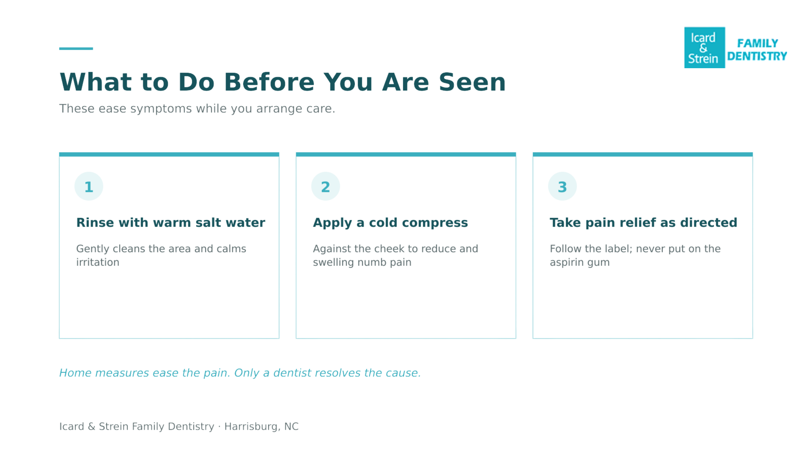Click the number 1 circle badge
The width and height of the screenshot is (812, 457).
tap(89, 186)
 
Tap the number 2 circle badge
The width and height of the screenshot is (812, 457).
tap(326, 186)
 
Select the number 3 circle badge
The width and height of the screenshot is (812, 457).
tap(562, 186)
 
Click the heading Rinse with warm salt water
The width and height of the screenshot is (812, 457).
tap(171, 223)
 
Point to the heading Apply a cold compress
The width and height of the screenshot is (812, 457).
tap(390, 223)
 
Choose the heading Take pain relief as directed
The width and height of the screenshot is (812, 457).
tap(643, 223)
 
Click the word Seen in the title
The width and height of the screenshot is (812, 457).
tap(472, 82)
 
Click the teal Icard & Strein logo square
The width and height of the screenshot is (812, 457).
tap(704, 48)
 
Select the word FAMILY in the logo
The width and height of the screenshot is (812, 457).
tap(758, 44)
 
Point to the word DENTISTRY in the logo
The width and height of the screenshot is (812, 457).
tap(757, 56)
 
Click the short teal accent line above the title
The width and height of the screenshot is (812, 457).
tap(76, 49)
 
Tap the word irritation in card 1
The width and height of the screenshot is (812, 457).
tap(98, 262)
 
